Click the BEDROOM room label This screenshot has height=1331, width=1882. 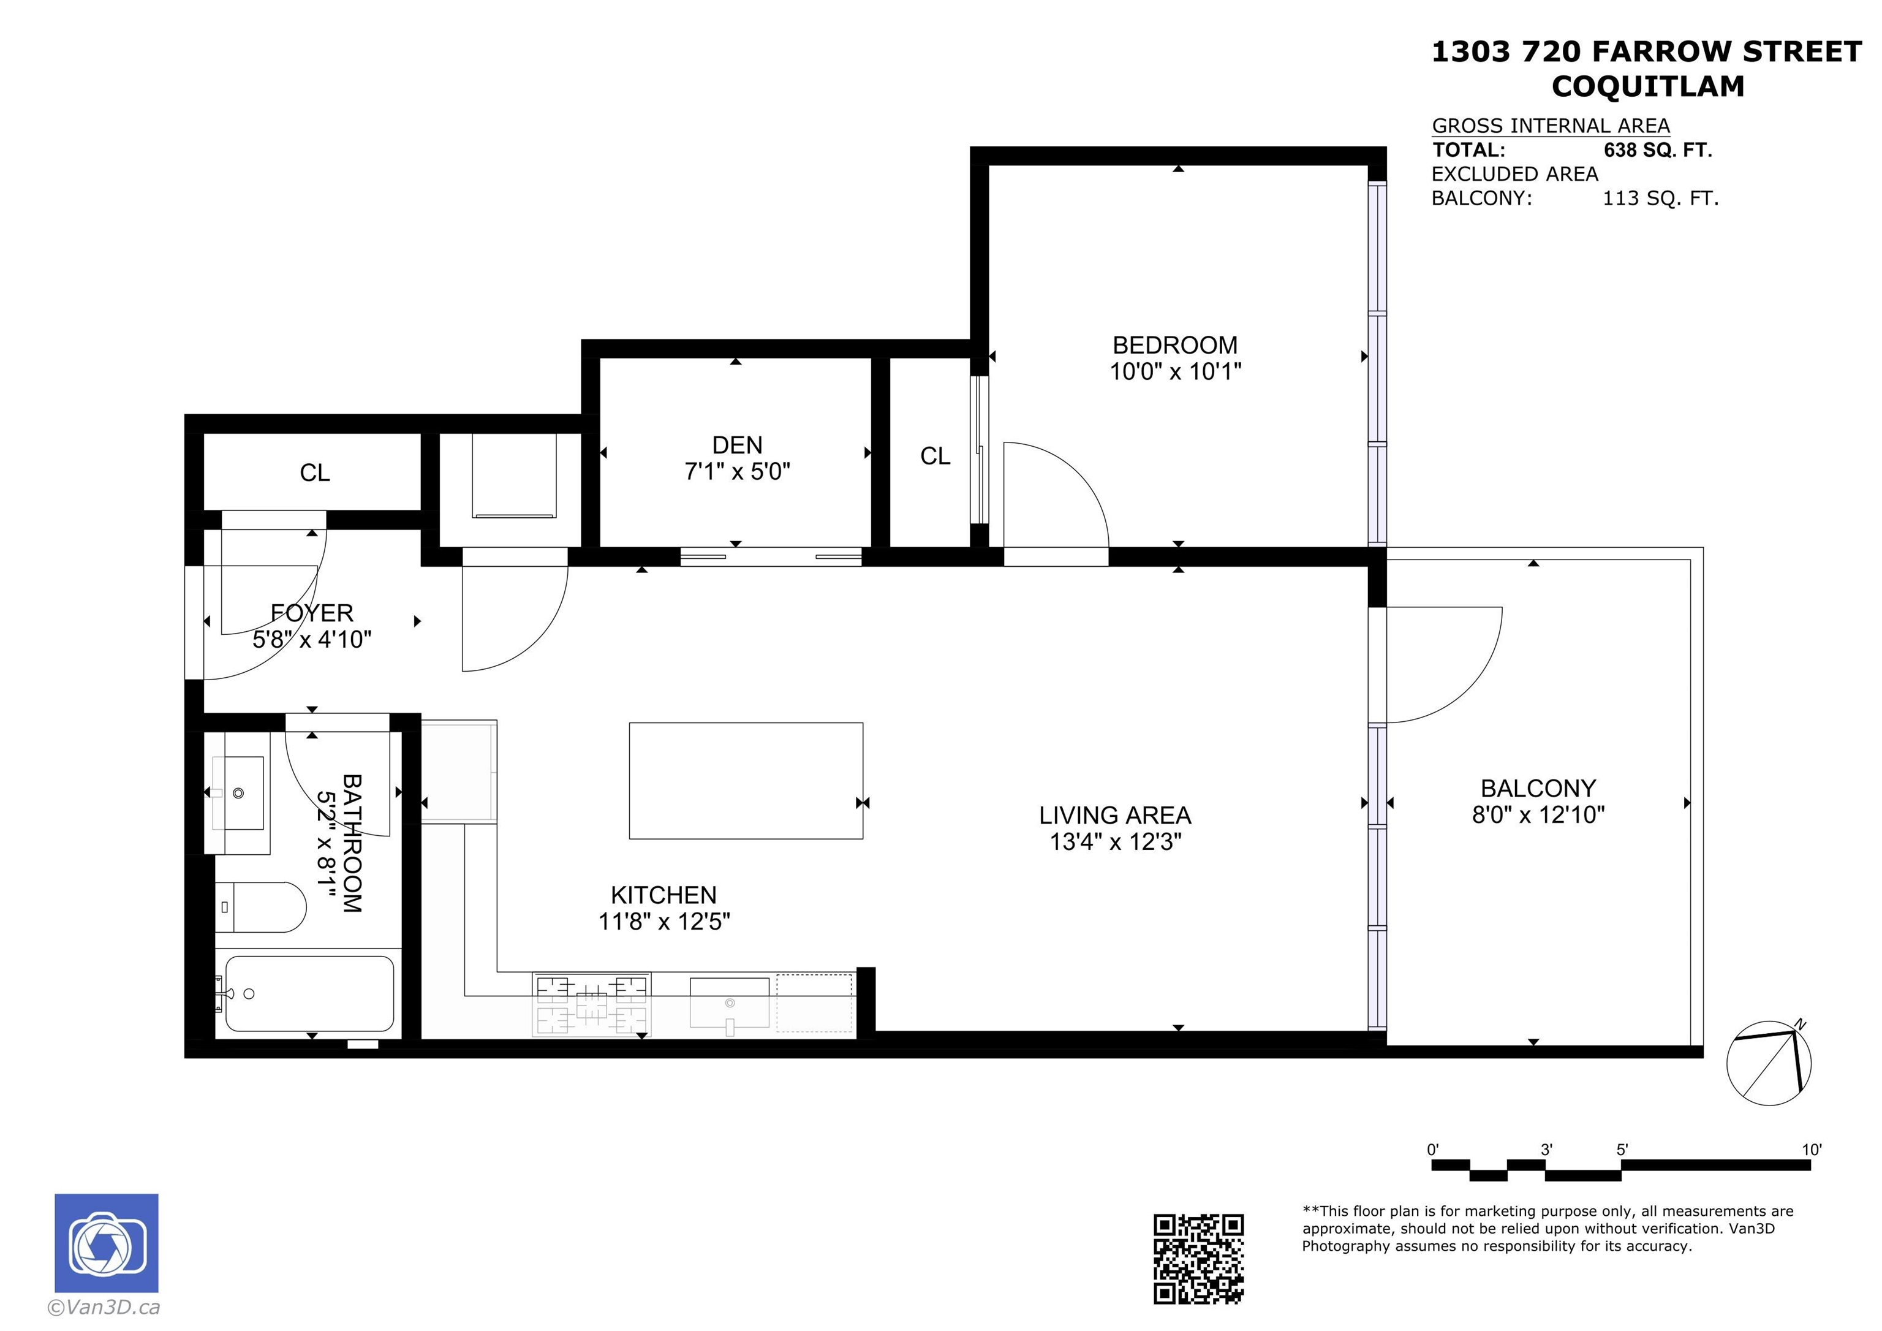[1174, 345]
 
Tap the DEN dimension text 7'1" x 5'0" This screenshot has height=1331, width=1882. [737, 472]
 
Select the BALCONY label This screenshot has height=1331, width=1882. [1538, 788]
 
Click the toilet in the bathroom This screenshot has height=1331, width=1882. [260, 907]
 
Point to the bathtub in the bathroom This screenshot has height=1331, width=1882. [308, 993]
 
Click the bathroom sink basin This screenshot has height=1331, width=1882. [238, 793]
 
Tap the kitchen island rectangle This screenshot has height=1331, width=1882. [746, 781]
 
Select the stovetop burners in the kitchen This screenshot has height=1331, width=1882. [591, 1004]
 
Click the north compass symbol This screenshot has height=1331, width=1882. [1768, 1062]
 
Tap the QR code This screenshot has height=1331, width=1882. [1198, 1258]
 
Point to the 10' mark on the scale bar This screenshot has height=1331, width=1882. [1812, 1150]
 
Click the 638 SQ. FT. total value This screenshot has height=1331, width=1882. [1657, 150]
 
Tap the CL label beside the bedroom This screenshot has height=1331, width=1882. [935, 456]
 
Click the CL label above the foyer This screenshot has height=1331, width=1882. [315, 472]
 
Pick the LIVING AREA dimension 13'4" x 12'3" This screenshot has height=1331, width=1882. [1115, 842]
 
